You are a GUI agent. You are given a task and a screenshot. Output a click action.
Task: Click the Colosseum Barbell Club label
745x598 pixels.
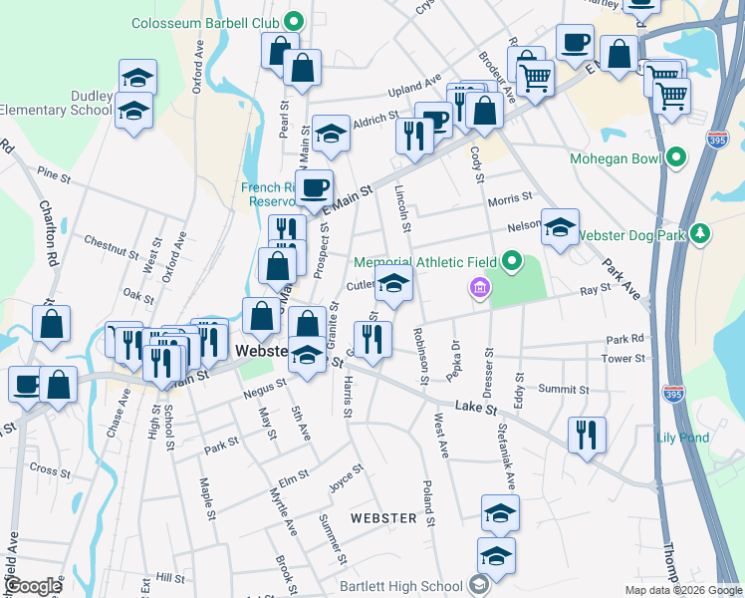pyautogui.click(x=205, y=21)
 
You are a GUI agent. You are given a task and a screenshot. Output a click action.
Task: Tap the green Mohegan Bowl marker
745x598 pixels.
pyautogui.click(x=677, y=157)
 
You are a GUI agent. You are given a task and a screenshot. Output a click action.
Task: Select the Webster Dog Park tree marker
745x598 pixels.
pyautogui.click(x=702, y=233)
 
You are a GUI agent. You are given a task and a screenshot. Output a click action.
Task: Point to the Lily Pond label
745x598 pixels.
pyautogui.click(x=682, y=438)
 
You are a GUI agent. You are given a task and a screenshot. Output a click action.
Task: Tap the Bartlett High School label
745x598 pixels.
pyautogui.click(x=400, y=586)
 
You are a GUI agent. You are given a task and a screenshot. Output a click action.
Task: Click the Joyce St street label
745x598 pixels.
pyautogui.click(x=346, y=478)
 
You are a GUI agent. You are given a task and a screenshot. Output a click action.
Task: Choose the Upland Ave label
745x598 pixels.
pyautogui.click(x=414, y=89)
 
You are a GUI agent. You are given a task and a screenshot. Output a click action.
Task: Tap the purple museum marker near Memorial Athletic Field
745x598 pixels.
pyautogui.click(x=479, y=288)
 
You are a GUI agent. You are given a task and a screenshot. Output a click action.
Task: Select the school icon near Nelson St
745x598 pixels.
pyautogui.click(x=560, y=228)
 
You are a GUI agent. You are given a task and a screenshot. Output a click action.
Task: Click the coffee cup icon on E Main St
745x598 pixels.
pyautogui.click(x=315, y=187)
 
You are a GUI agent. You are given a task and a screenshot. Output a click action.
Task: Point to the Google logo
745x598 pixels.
pyautogui.click(x=34, y=585)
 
